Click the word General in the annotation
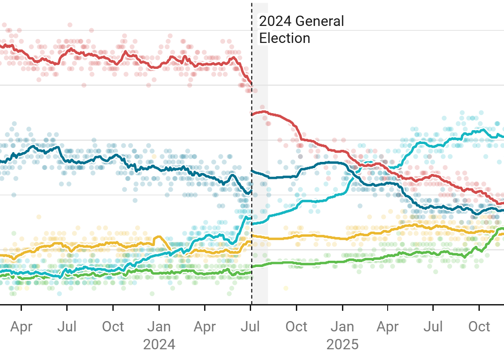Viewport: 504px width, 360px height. (x=320, y=21)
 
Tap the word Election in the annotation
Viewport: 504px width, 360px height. (x=285, y=38)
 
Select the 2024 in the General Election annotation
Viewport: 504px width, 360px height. (x=275, y=21)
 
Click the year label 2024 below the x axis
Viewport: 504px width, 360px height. (x=159, y=344)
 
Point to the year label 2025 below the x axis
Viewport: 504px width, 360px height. (x=342, y=344)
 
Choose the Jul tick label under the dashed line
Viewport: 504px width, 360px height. (x=251, y=327)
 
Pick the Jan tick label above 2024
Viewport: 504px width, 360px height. (x=159, y=327)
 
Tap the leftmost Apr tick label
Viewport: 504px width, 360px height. (x=21, y=327)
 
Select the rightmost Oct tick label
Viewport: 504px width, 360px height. (x=479, y=327)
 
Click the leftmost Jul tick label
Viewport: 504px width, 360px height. (x=67, y=327)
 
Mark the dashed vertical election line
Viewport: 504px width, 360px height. (x=252, y=179)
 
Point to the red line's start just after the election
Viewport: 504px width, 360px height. (x=253, y=114)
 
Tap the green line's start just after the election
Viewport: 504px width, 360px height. (x=253, y=267)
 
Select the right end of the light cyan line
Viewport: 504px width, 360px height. (x=503, y=137)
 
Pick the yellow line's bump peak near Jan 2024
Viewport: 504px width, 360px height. (x=158, y=237)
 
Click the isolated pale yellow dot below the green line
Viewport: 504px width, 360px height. (x=285, y=288)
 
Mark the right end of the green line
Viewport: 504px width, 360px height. (x=503, y=229)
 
